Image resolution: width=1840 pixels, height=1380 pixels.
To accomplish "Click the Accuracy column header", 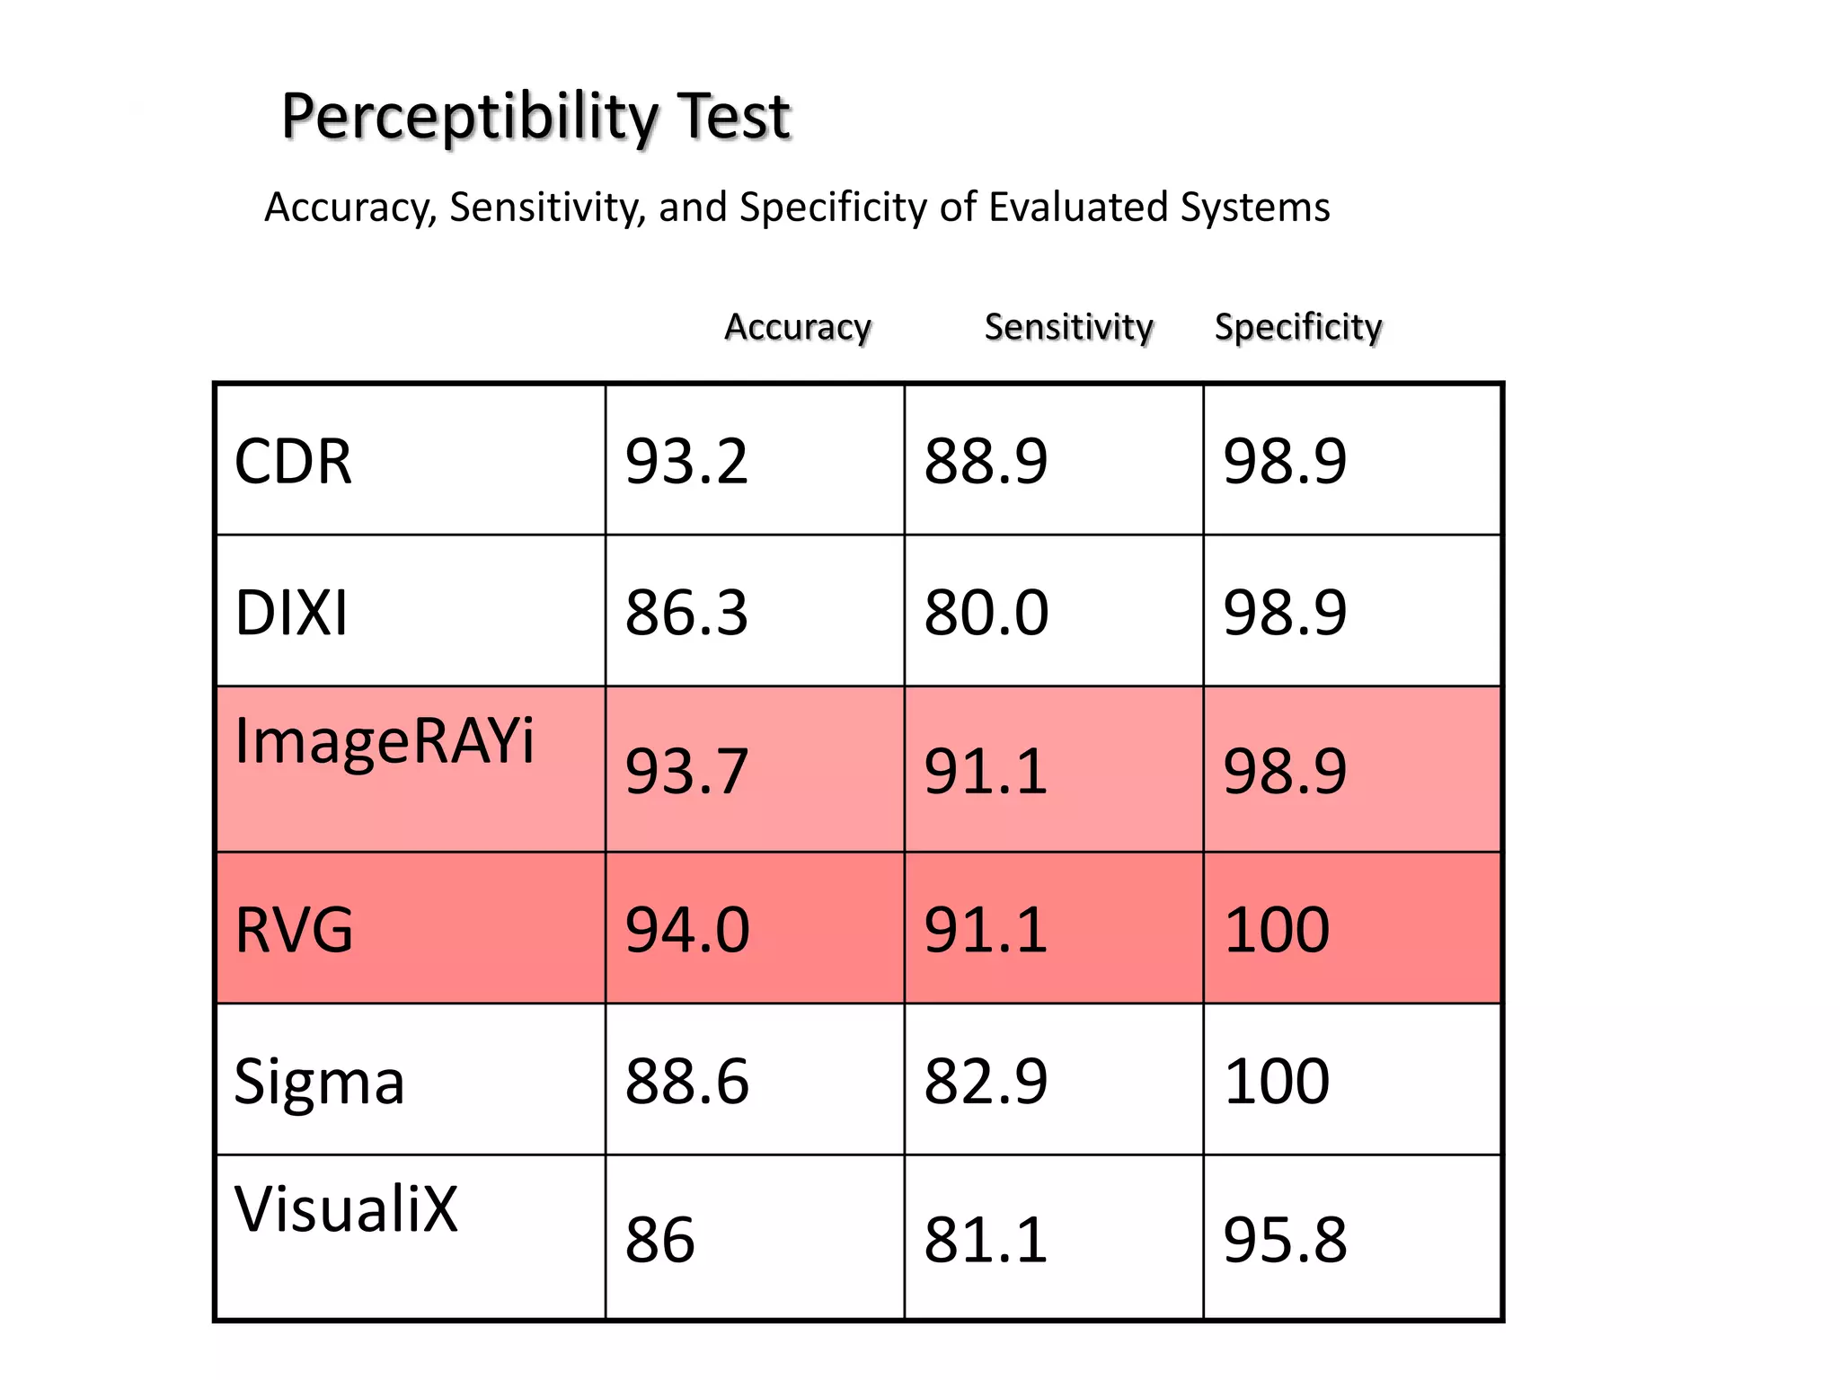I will [x=798, y=327].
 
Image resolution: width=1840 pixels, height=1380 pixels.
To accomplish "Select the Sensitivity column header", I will [x=1068, y=327].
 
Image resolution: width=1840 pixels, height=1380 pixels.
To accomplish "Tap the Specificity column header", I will [x=1298, y=327].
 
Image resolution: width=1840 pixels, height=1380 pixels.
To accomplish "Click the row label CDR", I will [x=293, y=462].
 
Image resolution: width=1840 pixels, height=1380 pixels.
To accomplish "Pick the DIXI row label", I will [x=291, y=613].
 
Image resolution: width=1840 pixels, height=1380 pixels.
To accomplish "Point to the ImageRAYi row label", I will [x=385, y=741].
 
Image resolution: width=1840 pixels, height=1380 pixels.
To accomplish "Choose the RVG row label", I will [x=294, y=929].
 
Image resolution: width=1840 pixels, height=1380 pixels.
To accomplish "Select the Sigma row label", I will [x=319, y=1081].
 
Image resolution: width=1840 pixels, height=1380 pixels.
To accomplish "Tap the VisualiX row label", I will [x=346, y=1209].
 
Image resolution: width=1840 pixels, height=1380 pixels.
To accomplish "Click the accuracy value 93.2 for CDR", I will [x=686, y=462].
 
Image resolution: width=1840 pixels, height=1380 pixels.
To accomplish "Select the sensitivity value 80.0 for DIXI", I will [x=986, y=613].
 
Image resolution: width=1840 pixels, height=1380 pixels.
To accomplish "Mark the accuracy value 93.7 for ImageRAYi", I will [x=686, y=771].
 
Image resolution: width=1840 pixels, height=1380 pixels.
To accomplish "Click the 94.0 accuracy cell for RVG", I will [x=687, y=929].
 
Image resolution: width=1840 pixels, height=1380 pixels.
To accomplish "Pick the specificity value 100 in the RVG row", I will [x=1277, y=929].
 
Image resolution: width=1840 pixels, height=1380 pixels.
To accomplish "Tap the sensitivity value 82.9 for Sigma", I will [x=986, y=1081].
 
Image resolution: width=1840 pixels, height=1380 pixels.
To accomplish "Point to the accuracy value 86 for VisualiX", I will [x=660, y=1240].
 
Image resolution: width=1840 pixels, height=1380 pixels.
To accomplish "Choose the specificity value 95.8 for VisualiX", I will [x=1285, y=1240].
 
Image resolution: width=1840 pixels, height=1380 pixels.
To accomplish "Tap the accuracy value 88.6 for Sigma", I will [x=687, y=1081].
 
